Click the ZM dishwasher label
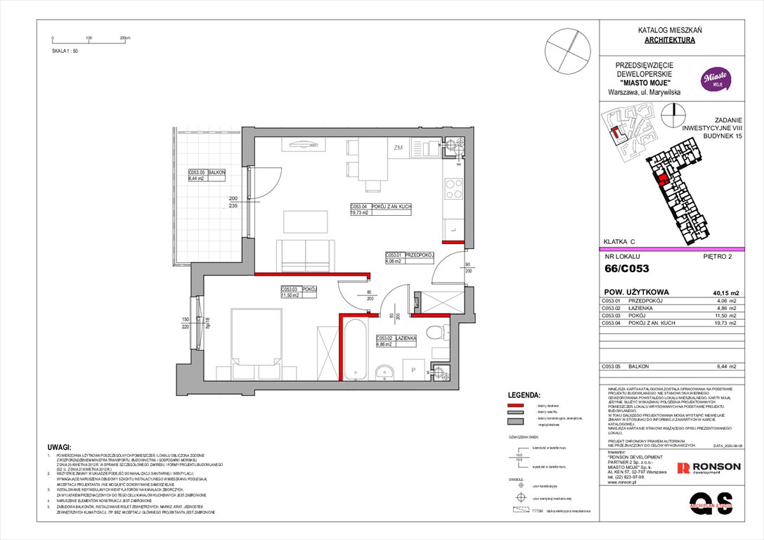398,148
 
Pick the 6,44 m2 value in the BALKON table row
726,367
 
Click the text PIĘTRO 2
718,257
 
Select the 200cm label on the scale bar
127,38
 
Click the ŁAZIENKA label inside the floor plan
406,338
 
